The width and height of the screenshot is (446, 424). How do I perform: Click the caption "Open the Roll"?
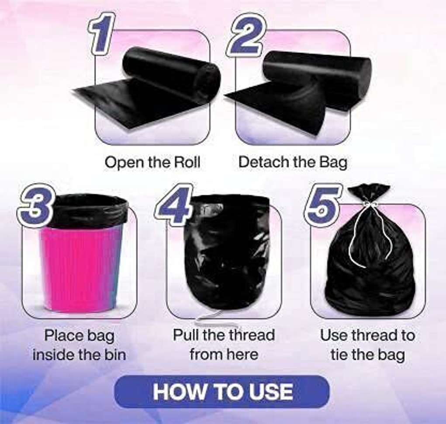point(152,163)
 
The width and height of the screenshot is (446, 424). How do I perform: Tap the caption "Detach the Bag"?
point(293,163)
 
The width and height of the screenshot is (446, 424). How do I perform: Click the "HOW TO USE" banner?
point(222,392)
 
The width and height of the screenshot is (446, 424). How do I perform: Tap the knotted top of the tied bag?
point(369,193)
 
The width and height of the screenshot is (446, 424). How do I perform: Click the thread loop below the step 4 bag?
point(215,319)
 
